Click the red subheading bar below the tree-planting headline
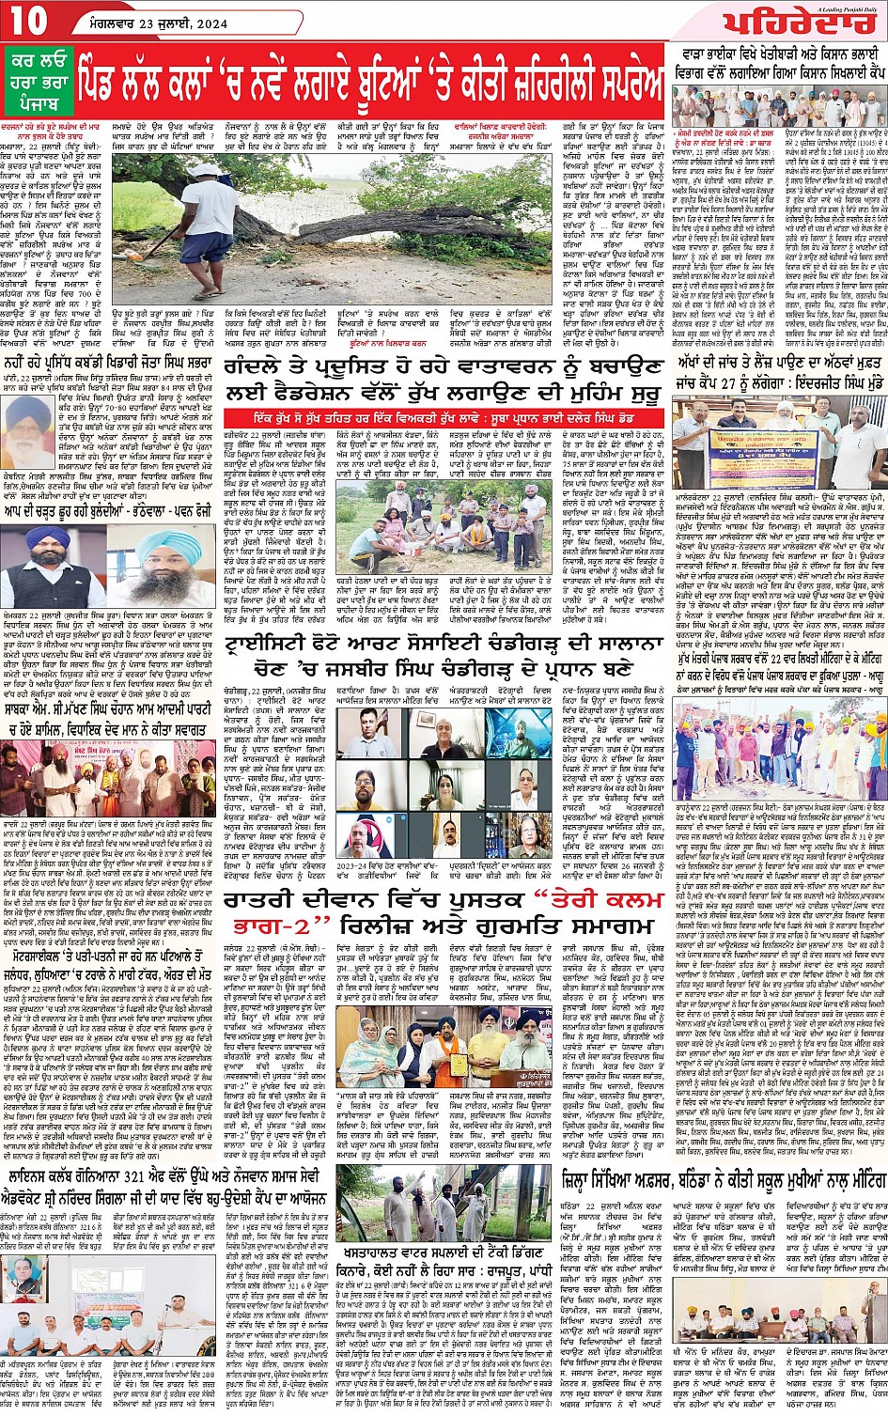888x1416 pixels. click(x=444, y=413)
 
